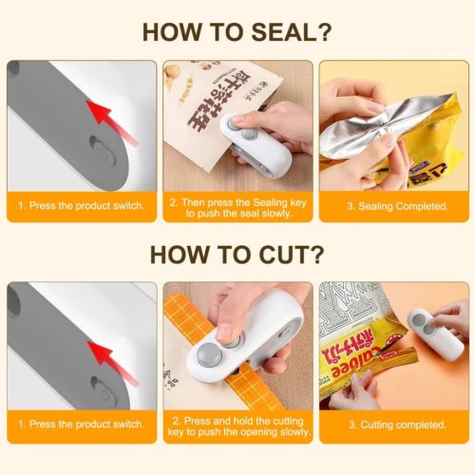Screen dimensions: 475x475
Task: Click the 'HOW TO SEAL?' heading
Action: (237, 31)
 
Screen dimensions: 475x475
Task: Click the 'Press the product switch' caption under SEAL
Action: (82, 205)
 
